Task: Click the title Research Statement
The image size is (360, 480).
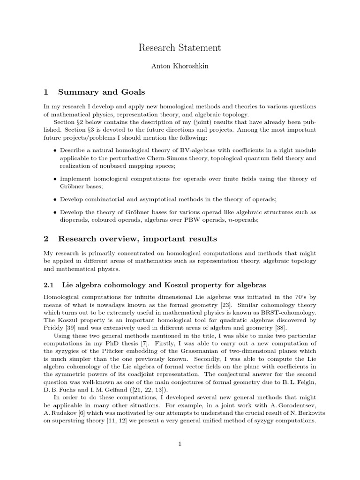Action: click(x=180, y=48)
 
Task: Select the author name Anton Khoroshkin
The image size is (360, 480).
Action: click(x=180, y=66)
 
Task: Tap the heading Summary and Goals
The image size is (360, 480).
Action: click(x=101, y=91)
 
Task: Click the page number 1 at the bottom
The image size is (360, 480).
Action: click(x=180, y=444)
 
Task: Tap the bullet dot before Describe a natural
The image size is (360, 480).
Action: click(x=56, y=150)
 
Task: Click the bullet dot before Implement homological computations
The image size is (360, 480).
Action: click(x=56, y=179)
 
